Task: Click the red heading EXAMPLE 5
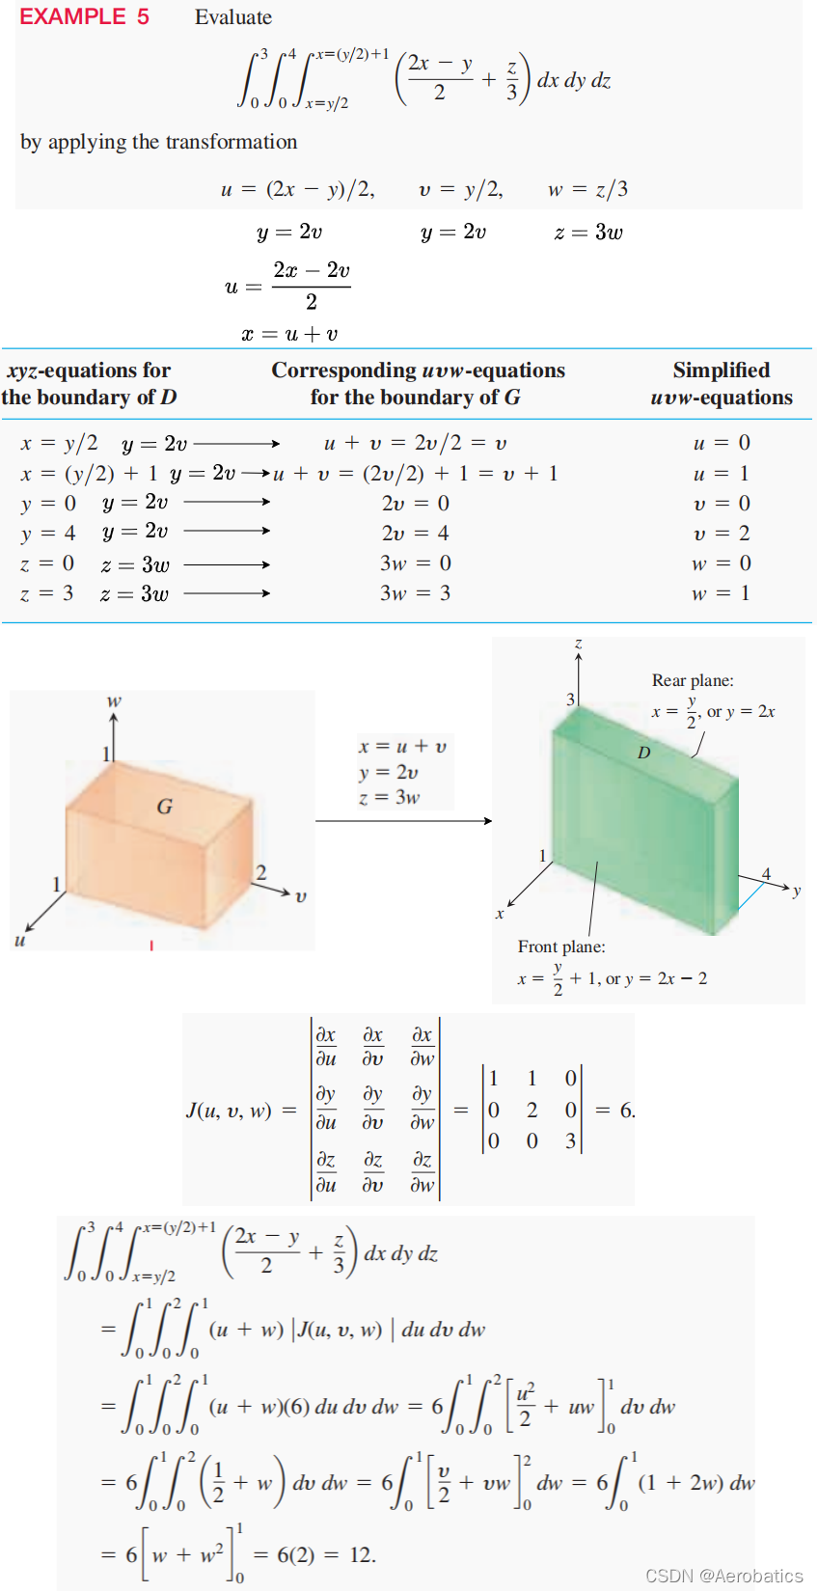tap(84, 17)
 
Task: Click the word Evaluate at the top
tap(233, 17)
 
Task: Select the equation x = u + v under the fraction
tap(289, 334)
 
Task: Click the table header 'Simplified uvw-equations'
tap(722, 384)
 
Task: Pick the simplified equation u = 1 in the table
tap(722, 474)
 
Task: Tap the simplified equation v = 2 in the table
tap(722, 534)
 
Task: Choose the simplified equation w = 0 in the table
tap(722, 563)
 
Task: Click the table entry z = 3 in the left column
tap(46, 593)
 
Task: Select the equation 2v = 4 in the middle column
tap(415, 534)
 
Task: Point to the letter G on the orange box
tap(165, 807)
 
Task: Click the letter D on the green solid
tap(643, 753)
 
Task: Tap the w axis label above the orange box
tap(114, 701)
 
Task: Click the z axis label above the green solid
tap(578, 644)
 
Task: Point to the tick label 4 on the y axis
tap(767, 874)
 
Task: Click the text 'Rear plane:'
tap(693, 680)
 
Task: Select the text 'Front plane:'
tap(561, 947)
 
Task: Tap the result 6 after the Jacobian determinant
tap(627, 1111)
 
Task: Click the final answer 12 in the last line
tap(362, 1554)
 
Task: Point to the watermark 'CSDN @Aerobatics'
tap(723, 1576)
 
